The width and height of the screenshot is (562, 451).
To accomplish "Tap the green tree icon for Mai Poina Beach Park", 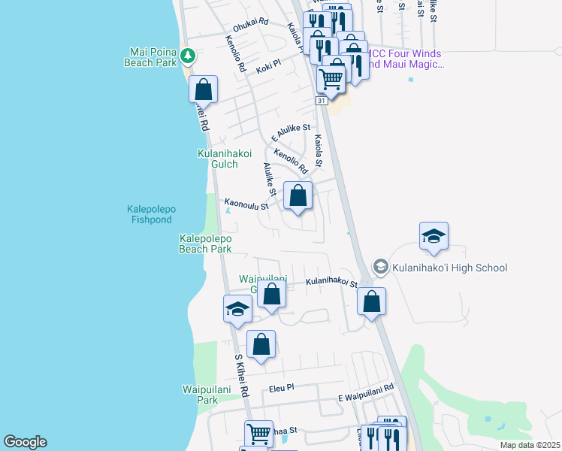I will click(x=187, y=55).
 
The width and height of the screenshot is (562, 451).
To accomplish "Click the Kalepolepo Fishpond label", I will click(x=149, y=214).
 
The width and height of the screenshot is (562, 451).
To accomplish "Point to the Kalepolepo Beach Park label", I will click(x=205, y=243).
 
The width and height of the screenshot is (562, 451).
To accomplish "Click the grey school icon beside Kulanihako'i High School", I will click(x=381, y=267).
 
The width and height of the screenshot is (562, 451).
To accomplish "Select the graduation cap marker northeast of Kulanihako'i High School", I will click(x=434, y=237).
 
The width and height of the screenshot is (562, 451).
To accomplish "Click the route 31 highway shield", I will click(x=322, y=100).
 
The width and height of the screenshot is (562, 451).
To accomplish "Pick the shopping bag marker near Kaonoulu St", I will click(x=298, y=196).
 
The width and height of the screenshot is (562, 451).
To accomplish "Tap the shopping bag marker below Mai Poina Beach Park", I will click(x=203, y=89).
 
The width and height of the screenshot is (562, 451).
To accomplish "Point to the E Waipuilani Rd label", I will click(x=366, y=387).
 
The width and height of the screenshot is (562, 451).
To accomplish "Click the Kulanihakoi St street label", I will click(x=331, y=283).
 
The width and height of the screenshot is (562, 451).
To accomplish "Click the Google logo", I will click(x=25, y=442).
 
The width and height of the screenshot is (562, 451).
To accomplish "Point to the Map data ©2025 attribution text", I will click(x=529, y=445).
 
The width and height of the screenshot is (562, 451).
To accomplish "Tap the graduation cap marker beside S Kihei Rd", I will click(x=237, y=310).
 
